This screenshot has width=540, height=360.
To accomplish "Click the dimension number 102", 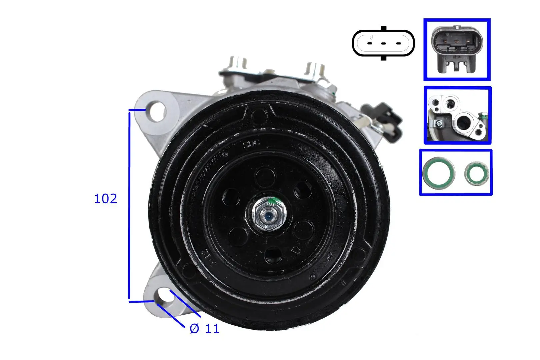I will [x=105, y=199].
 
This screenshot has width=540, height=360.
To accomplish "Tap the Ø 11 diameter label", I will [x=204, y=329].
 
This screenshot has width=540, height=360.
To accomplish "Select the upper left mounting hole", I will [x=157, y=112].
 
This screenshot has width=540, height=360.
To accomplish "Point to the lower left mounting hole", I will [x=166, y=295].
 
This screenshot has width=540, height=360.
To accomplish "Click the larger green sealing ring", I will [x=438, y=173].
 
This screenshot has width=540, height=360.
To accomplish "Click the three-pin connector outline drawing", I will [x=383, y=43].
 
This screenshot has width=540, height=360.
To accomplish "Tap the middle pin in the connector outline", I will [x=383, y=44].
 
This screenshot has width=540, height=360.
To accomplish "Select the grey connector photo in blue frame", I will [x=457, y=49].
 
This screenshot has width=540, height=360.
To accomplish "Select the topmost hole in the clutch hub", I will [x=265, y=177].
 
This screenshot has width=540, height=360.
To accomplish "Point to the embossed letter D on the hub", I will [x=296, y=249].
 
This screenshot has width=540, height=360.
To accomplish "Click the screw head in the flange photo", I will [x=439, y=124].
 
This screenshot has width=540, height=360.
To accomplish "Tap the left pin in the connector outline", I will [x=369, y=44].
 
